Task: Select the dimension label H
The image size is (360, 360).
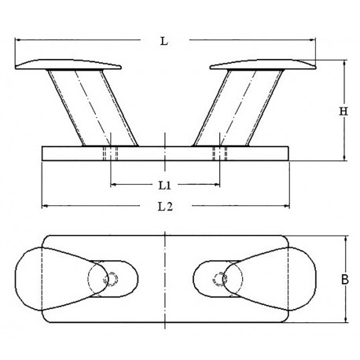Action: click(x=343, y=111)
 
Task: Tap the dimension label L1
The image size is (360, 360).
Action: click(x=164, y=186)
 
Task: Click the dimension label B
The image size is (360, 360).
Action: click(x=344, y=279)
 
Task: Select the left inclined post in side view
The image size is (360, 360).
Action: click(x=90, y=107)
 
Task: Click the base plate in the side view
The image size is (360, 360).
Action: click(x=164, y=153)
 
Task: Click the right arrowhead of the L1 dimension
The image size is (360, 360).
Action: click(x=218, y=186)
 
